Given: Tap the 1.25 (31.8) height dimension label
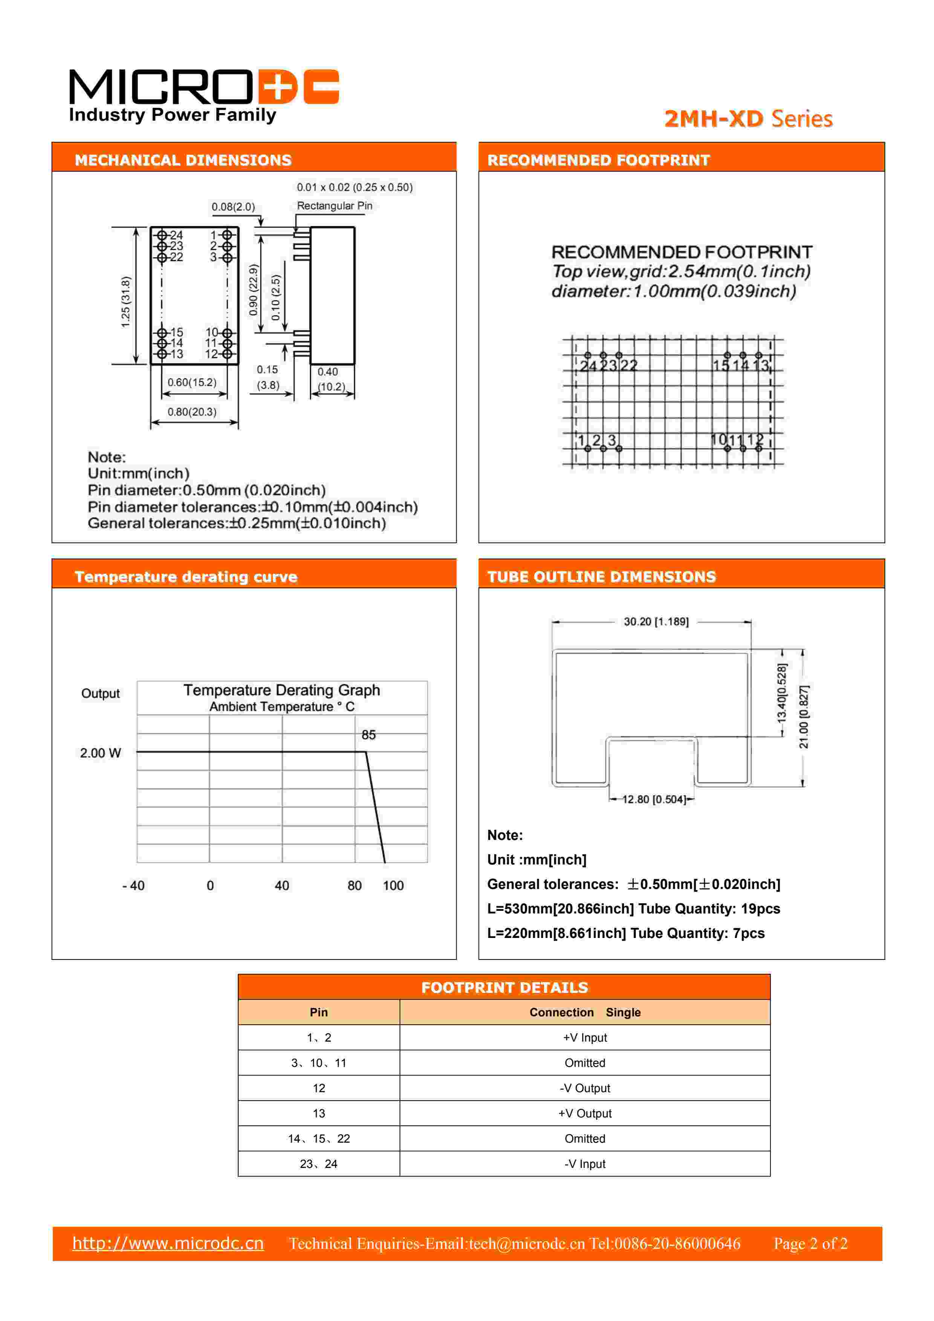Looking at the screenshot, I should coord(125,302).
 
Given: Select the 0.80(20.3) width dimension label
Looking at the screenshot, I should coord(192,412).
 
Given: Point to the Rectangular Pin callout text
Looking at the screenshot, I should coord(334,206).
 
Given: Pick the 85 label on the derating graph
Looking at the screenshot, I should coord(368,735).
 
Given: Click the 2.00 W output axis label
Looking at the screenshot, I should coord(101,753).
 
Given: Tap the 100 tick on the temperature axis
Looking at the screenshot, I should coord(393,886).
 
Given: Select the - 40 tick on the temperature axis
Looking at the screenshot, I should coord(133,886).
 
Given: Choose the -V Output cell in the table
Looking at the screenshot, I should coord(584,1088).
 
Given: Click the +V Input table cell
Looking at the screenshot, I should coord(584,1037).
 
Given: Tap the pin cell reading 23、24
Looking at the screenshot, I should coord(319,1164).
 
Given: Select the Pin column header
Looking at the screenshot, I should coord(319,1012).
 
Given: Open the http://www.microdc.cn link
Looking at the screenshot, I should coord(168,1243).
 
